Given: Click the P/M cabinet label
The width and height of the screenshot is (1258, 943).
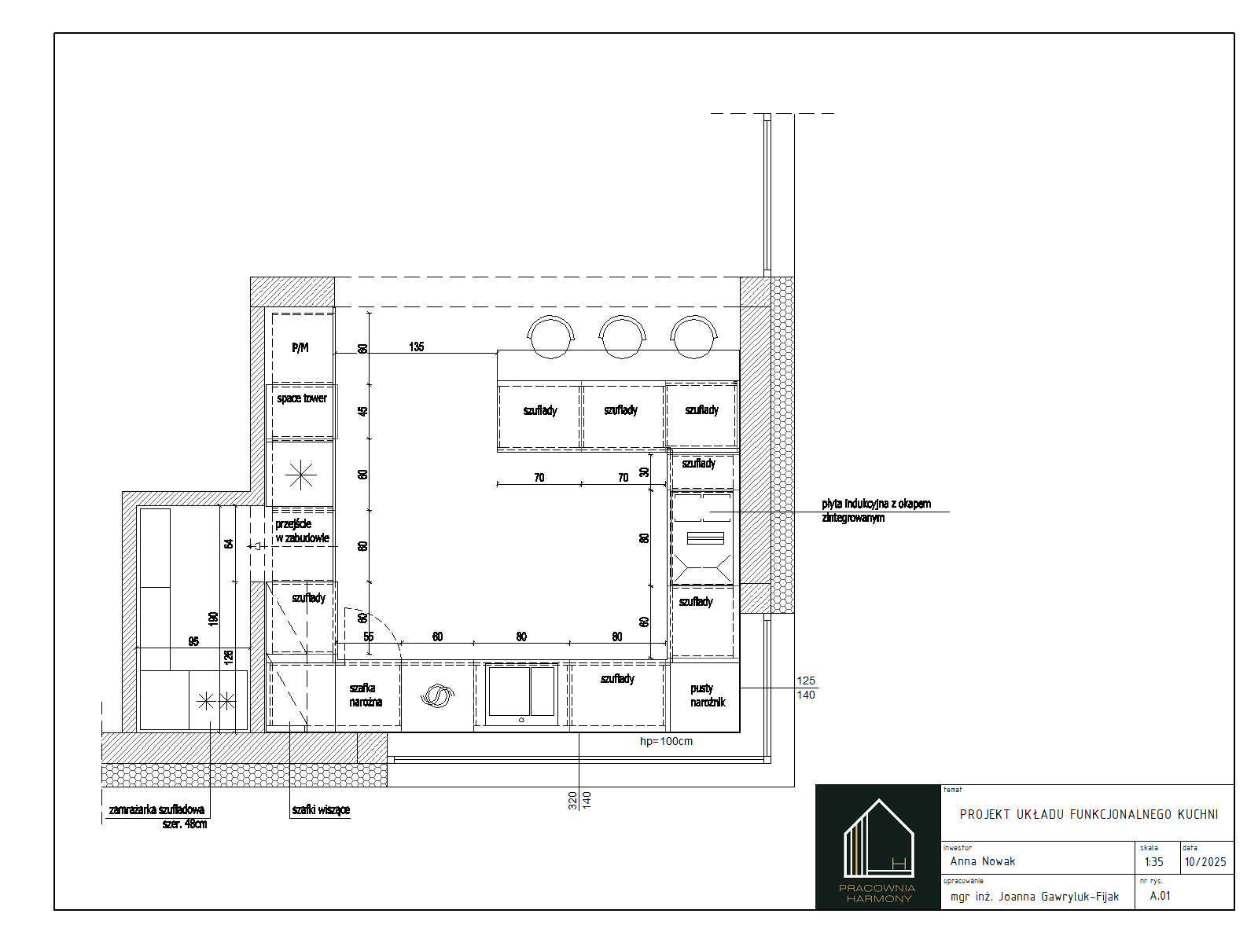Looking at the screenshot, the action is [300, 347].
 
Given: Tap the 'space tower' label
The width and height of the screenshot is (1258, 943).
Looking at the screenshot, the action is [301, 398].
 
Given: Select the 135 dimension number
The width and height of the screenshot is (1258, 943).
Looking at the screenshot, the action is [417, 347].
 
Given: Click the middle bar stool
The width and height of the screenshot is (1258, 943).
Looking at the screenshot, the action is [622, 337].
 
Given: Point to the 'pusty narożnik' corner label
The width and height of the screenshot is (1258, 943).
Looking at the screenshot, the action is [708, 695].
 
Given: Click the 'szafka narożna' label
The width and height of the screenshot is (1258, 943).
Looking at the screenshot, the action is [366, 695].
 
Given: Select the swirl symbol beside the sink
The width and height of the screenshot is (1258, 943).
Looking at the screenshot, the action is [437, 695].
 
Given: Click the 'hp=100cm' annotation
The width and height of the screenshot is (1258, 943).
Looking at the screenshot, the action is [666, 741].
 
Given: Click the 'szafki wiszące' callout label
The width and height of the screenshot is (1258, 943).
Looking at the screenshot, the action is [321, 809].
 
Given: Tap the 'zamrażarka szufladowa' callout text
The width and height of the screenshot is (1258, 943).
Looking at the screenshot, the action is [156, 809].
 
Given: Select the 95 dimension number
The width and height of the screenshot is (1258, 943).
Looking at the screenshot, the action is [193, 641].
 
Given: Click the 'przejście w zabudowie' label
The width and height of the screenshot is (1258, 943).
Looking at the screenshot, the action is [302, 530].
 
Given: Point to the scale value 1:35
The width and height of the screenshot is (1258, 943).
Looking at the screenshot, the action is [1153, 862].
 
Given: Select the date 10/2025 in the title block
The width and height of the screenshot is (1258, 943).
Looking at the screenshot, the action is [1205, 862].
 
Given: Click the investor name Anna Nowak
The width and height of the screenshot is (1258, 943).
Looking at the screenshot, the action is [982, 861].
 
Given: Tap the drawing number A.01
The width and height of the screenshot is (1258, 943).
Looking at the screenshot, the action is [1160, 896].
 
